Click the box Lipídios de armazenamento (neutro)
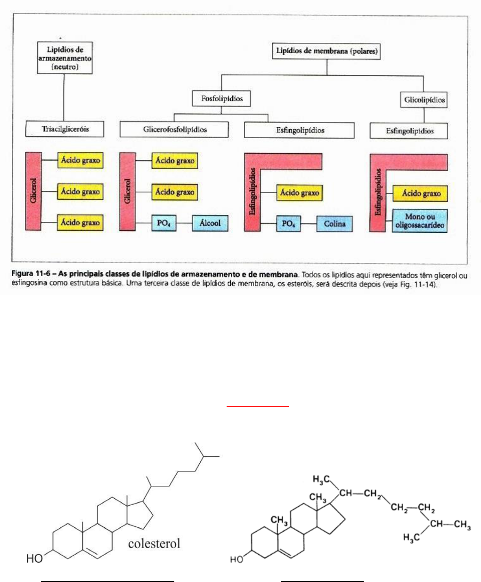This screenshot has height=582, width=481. pos(65,58)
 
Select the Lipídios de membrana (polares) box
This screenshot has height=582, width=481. pos(326,51)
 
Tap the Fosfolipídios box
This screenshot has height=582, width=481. pos(221,98)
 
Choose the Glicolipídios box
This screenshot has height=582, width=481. pos(424,100)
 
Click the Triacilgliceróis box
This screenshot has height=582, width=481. pos(65,129)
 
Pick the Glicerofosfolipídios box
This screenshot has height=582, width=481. pos(174,130)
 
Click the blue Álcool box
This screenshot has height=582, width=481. pos(210,223)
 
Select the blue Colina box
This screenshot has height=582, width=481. pos(334,224)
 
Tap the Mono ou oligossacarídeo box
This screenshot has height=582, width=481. pos(420,221)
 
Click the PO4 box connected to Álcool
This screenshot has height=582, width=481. pos(164,223)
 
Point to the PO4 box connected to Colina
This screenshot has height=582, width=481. pos(288,223)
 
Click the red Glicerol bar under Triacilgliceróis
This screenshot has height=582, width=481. pos(33,191)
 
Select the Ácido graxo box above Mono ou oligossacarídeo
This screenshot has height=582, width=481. pos(420,193)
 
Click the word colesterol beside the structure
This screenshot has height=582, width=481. pos(154,543)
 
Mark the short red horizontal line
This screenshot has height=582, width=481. pos(258,406)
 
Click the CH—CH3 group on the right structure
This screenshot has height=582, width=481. pos(450,525)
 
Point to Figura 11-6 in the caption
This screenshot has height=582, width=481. pos(31,274)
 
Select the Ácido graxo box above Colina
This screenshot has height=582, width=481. pos(300,193)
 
